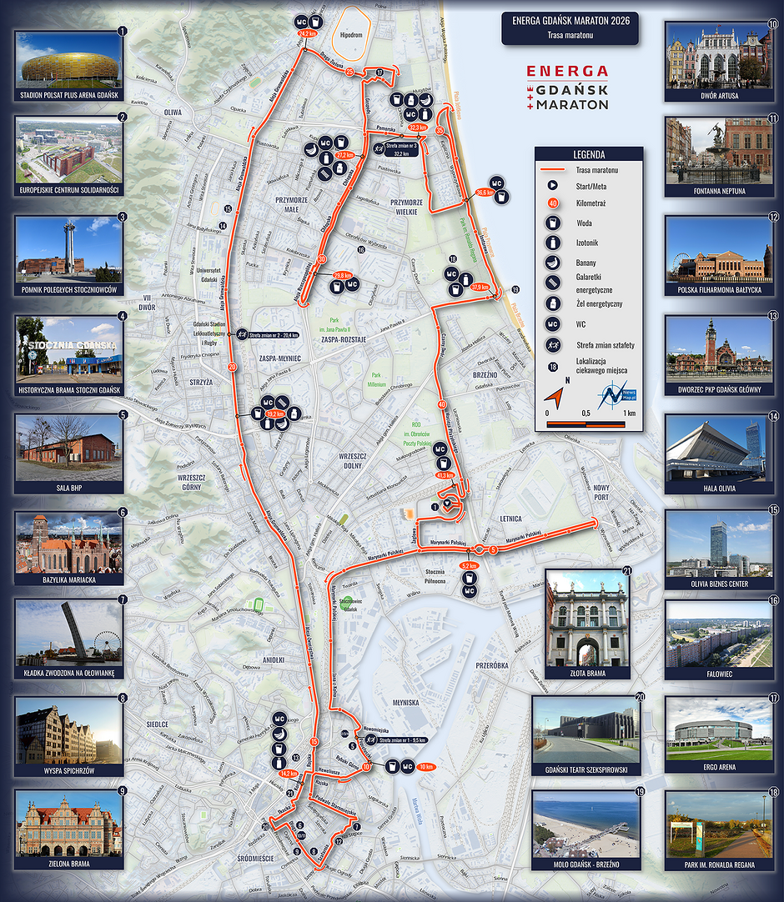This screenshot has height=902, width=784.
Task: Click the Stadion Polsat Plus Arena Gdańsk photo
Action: tap(69, 59)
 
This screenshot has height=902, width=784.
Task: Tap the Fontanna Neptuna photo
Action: tap(718, 151)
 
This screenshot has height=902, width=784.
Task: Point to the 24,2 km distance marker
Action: tap(307, 34)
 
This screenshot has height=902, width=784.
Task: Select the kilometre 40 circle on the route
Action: tap(442, 404)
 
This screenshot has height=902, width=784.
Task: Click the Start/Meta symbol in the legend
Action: tap(551, 185)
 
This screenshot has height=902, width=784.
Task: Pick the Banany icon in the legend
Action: tap(551, 262)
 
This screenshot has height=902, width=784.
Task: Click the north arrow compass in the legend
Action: tap(556, 393)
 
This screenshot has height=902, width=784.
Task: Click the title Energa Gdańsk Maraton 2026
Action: tap(570, 21)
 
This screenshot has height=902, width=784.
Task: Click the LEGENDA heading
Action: tap(589, 154)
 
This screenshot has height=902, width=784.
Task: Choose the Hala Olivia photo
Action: tap(718, 448)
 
